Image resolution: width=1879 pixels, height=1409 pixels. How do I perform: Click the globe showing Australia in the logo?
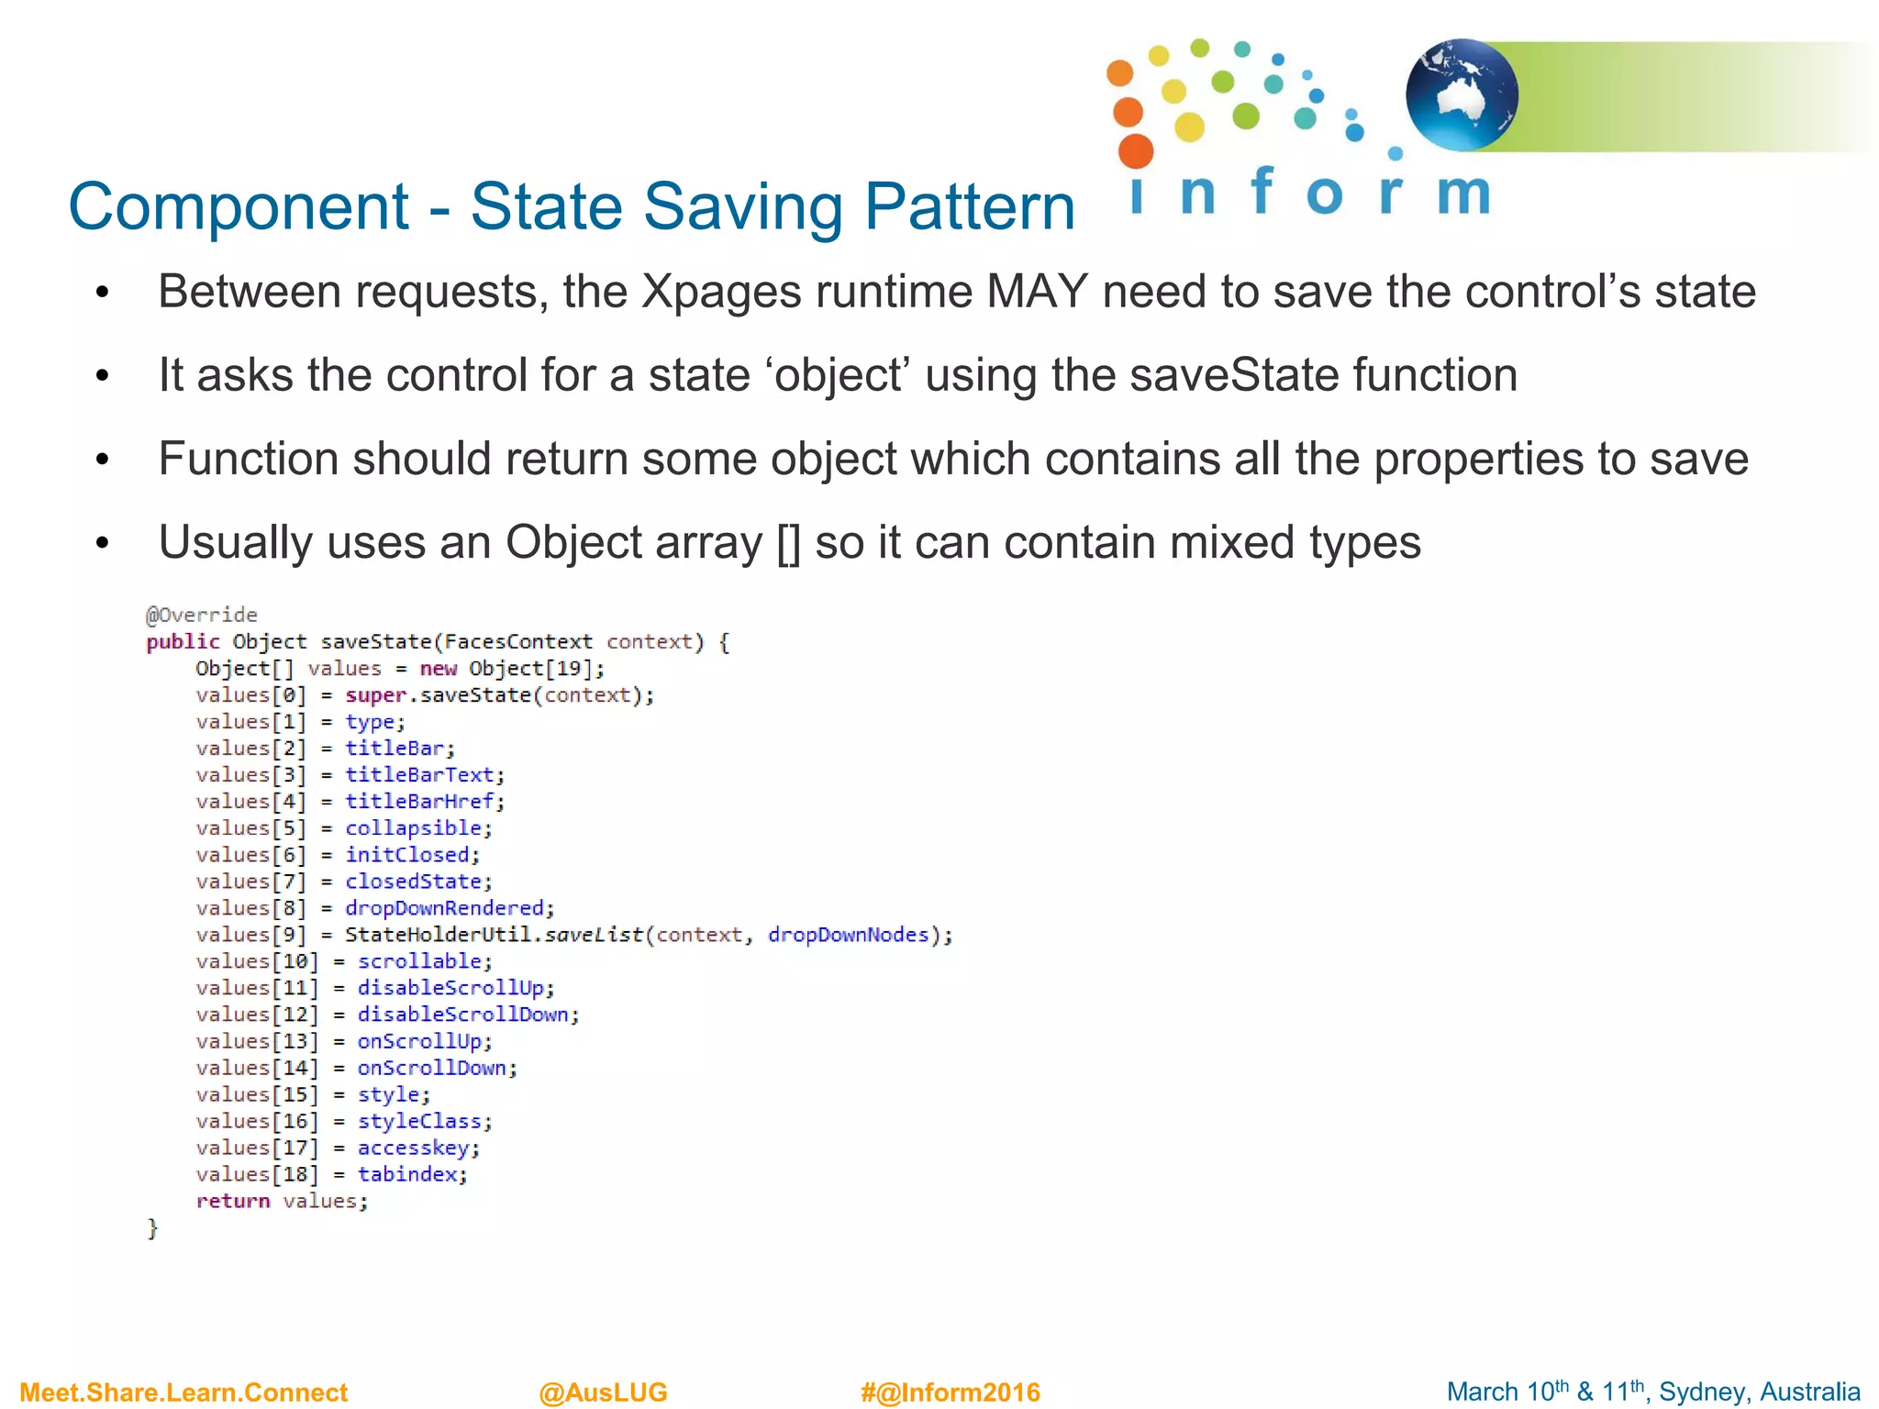(x=1461, y=94)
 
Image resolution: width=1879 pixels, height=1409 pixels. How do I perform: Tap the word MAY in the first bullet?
(x=1038, y=292)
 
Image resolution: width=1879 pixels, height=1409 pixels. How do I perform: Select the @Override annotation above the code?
(x=202, y=615)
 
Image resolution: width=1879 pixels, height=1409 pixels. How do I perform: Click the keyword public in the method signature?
(x=183, y=642)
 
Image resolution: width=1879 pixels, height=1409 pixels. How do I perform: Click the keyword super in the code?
(x=375, y=695)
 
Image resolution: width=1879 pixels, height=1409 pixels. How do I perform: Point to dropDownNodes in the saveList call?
(x=849, y=935)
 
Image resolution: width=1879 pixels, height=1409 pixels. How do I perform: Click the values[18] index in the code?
(x=257, y=1174)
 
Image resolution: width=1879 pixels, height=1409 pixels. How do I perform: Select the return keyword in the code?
(x=233, y=1201)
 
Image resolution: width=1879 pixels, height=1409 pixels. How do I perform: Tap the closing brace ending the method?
(x=153, y=1228)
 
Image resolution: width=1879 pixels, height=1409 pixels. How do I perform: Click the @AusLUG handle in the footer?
(x=603, y=1392)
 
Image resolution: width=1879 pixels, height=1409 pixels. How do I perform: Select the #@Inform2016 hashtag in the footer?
(x=950, y=1392)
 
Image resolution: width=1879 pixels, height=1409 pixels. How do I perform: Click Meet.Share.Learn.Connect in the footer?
(x=183, y=1392)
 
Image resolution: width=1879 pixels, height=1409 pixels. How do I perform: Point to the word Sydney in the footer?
(x=1696, y=1392)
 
